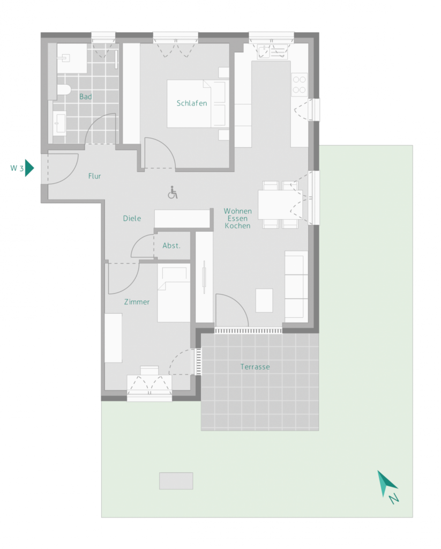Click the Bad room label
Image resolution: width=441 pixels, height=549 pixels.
click(86, 97)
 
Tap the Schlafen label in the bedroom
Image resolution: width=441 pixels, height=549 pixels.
click(192, 103)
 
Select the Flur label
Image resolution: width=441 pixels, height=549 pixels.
click(94, 176)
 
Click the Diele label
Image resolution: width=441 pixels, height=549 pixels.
click(132, 218)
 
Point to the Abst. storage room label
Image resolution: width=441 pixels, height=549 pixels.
click(171, 246)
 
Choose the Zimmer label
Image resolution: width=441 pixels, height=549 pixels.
click(137, 302)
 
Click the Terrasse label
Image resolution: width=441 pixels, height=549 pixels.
click(255, 367)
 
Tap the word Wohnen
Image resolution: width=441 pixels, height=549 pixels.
click(237, 211)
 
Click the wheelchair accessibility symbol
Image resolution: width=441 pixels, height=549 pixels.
click(173, 192)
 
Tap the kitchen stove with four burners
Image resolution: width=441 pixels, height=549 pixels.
click(299, 84)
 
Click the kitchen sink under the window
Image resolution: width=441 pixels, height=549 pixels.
click(265, 52)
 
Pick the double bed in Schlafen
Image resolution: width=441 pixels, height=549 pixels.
click(197, 104)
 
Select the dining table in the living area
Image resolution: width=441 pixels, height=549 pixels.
click(280, 205)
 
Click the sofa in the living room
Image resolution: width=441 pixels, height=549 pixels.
click(296, 284)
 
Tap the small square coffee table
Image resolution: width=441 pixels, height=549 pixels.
click(264, 300)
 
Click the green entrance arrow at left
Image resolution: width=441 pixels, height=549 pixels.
click(30, 168)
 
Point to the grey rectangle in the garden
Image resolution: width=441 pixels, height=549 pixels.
click(176, 481)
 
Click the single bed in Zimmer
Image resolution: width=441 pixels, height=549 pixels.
click(174, 295)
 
